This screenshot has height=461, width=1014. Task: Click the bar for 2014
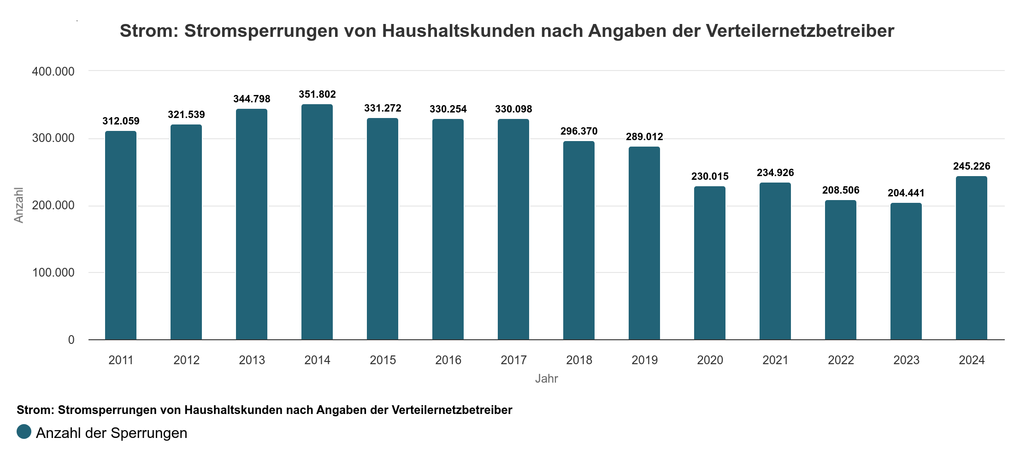(317, 222)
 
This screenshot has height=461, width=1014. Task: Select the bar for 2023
(906, 272)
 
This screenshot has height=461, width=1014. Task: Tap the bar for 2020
(710, 263)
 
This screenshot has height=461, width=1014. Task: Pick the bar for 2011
(121, 236)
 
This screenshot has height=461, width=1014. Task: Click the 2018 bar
(579, 241)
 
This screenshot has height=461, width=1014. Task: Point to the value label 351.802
(317, 95)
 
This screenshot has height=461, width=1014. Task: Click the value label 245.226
(972, 166)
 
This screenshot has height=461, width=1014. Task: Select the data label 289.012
(644, 137)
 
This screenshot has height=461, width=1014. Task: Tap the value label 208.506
(841, 190)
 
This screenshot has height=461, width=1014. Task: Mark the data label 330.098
(513, 109)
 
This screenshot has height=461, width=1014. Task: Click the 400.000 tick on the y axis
(53, 71)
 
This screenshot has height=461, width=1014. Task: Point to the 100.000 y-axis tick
(53, 272)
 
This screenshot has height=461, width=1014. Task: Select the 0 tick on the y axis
(71, 340)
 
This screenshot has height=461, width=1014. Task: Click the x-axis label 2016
(448, 360)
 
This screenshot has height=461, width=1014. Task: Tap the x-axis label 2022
(841, 360)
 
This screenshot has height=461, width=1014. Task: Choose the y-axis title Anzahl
(19, 205)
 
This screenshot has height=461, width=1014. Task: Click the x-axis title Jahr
(546, 379)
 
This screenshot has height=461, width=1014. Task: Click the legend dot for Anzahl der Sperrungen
(24, 432)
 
